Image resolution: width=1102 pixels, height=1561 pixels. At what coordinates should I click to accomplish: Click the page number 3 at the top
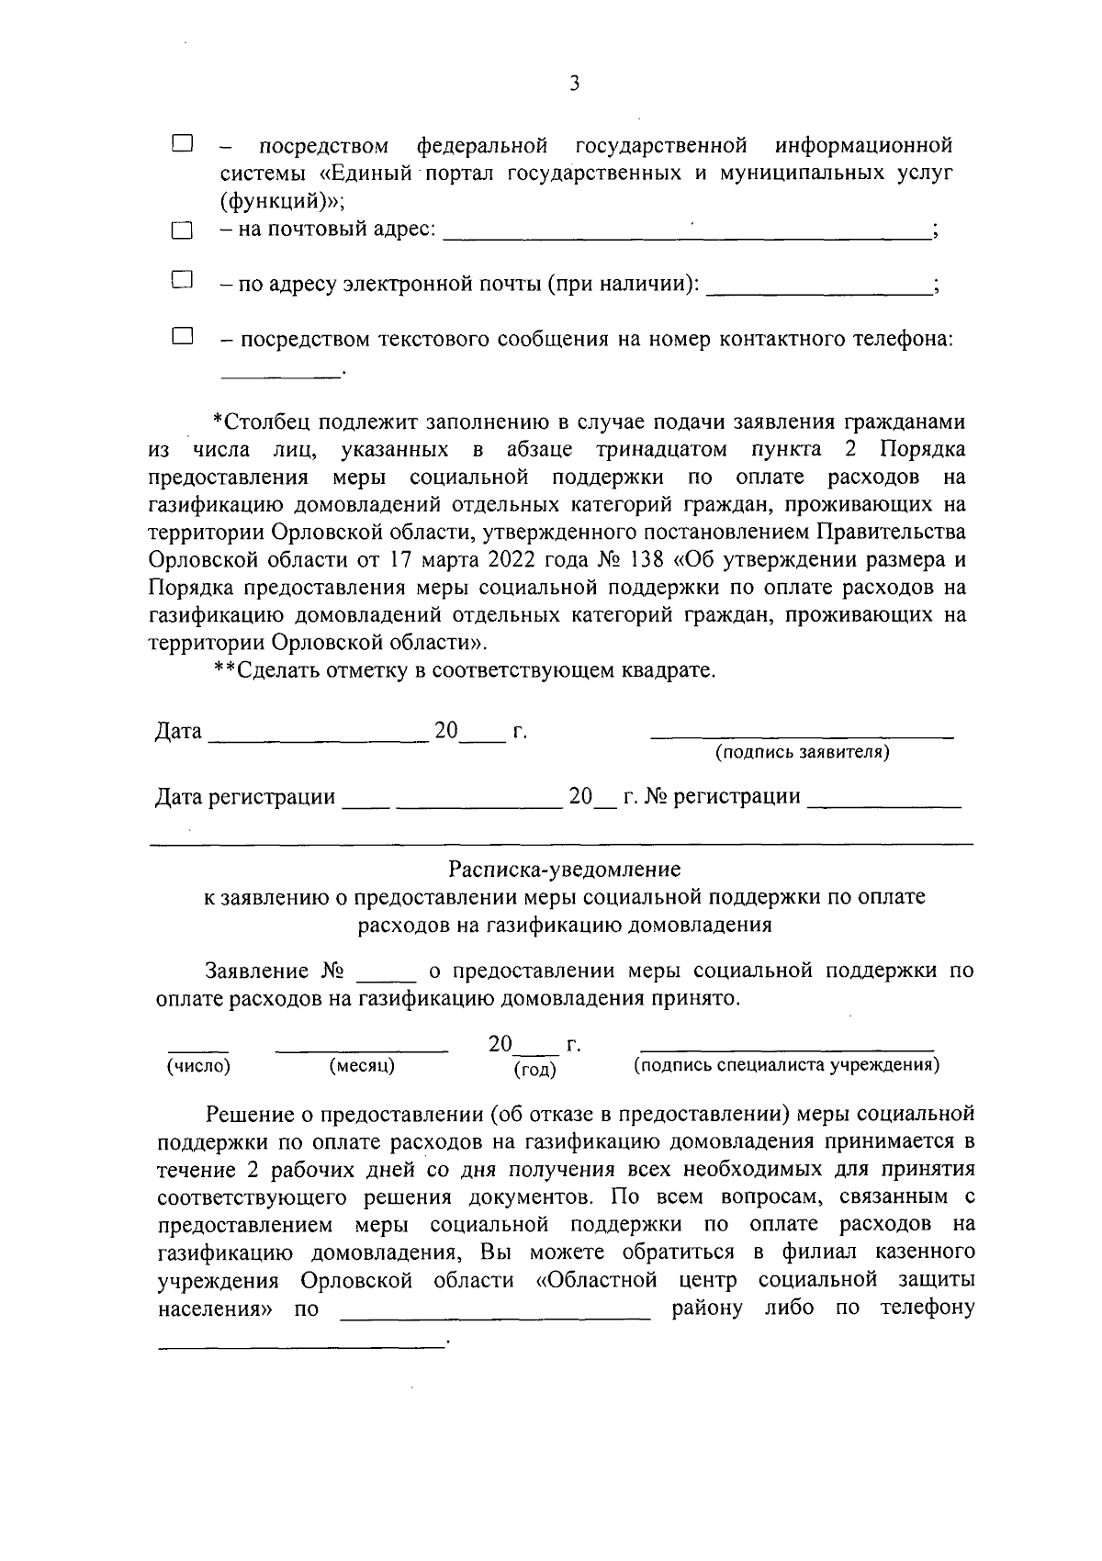click(x=574, y=84)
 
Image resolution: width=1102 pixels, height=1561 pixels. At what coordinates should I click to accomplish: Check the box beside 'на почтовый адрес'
click(x=182, y=230)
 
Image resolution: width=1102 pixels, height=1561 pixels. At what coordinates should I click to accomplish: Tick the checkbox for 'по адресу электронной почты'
click(x=182, y=280)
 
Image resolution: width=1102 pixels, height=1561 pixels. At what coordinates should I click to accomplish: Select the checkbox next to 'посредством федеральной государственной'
click(x=182, y=143)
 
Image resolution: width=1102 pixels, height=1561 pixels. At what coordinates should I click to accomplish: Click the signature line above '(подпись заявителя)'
click(x=803, y=736)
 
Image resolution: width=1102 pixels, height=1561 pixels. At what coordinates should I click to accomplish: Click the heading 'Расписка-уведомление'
click(x=565, y=868)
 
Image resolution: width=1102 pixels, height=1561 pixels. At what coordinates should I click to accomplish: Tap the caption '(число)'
click(x=198, y=1065)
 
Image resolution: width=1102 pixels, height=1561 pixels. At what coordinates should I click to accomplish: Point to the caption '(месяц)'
click(x=362, y=1065)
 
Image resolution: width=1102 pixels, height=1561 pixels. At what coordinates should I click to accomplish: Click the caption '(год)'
click(x=535, y=1069)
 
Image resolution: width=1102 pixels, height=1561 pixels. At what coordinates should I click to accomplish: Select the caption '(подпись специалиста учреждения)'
click(x=786, y=1065)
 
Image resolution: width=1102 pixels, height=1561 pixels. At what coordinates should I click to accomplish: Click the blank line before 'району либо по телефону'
click(x=495, y=1316)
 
